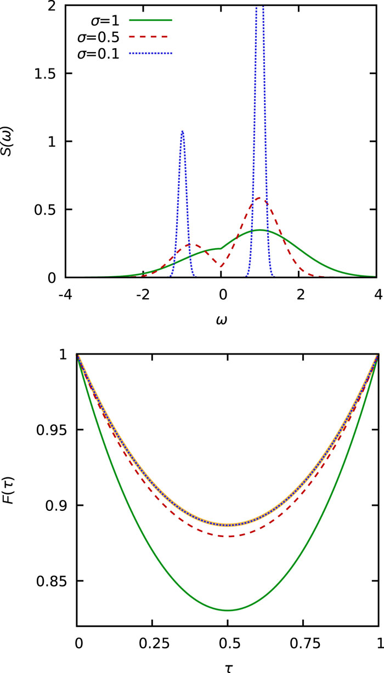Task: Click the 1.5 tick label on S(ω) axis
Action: [x=50, y=74]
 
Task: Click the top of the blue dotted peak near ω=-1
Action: [x=182, y=131]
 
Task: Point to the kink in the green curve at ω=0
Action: [x=221, y=248]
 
